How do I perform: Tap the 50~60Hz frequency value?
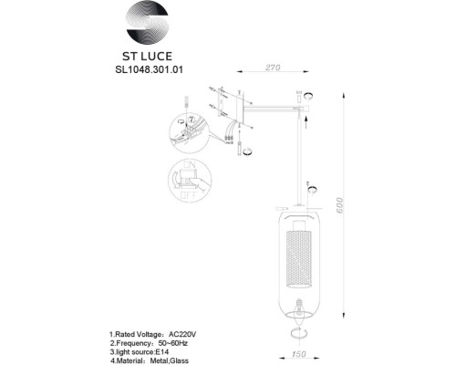[177, 321]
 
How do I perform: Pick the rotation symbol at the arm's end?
[308, 98]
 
